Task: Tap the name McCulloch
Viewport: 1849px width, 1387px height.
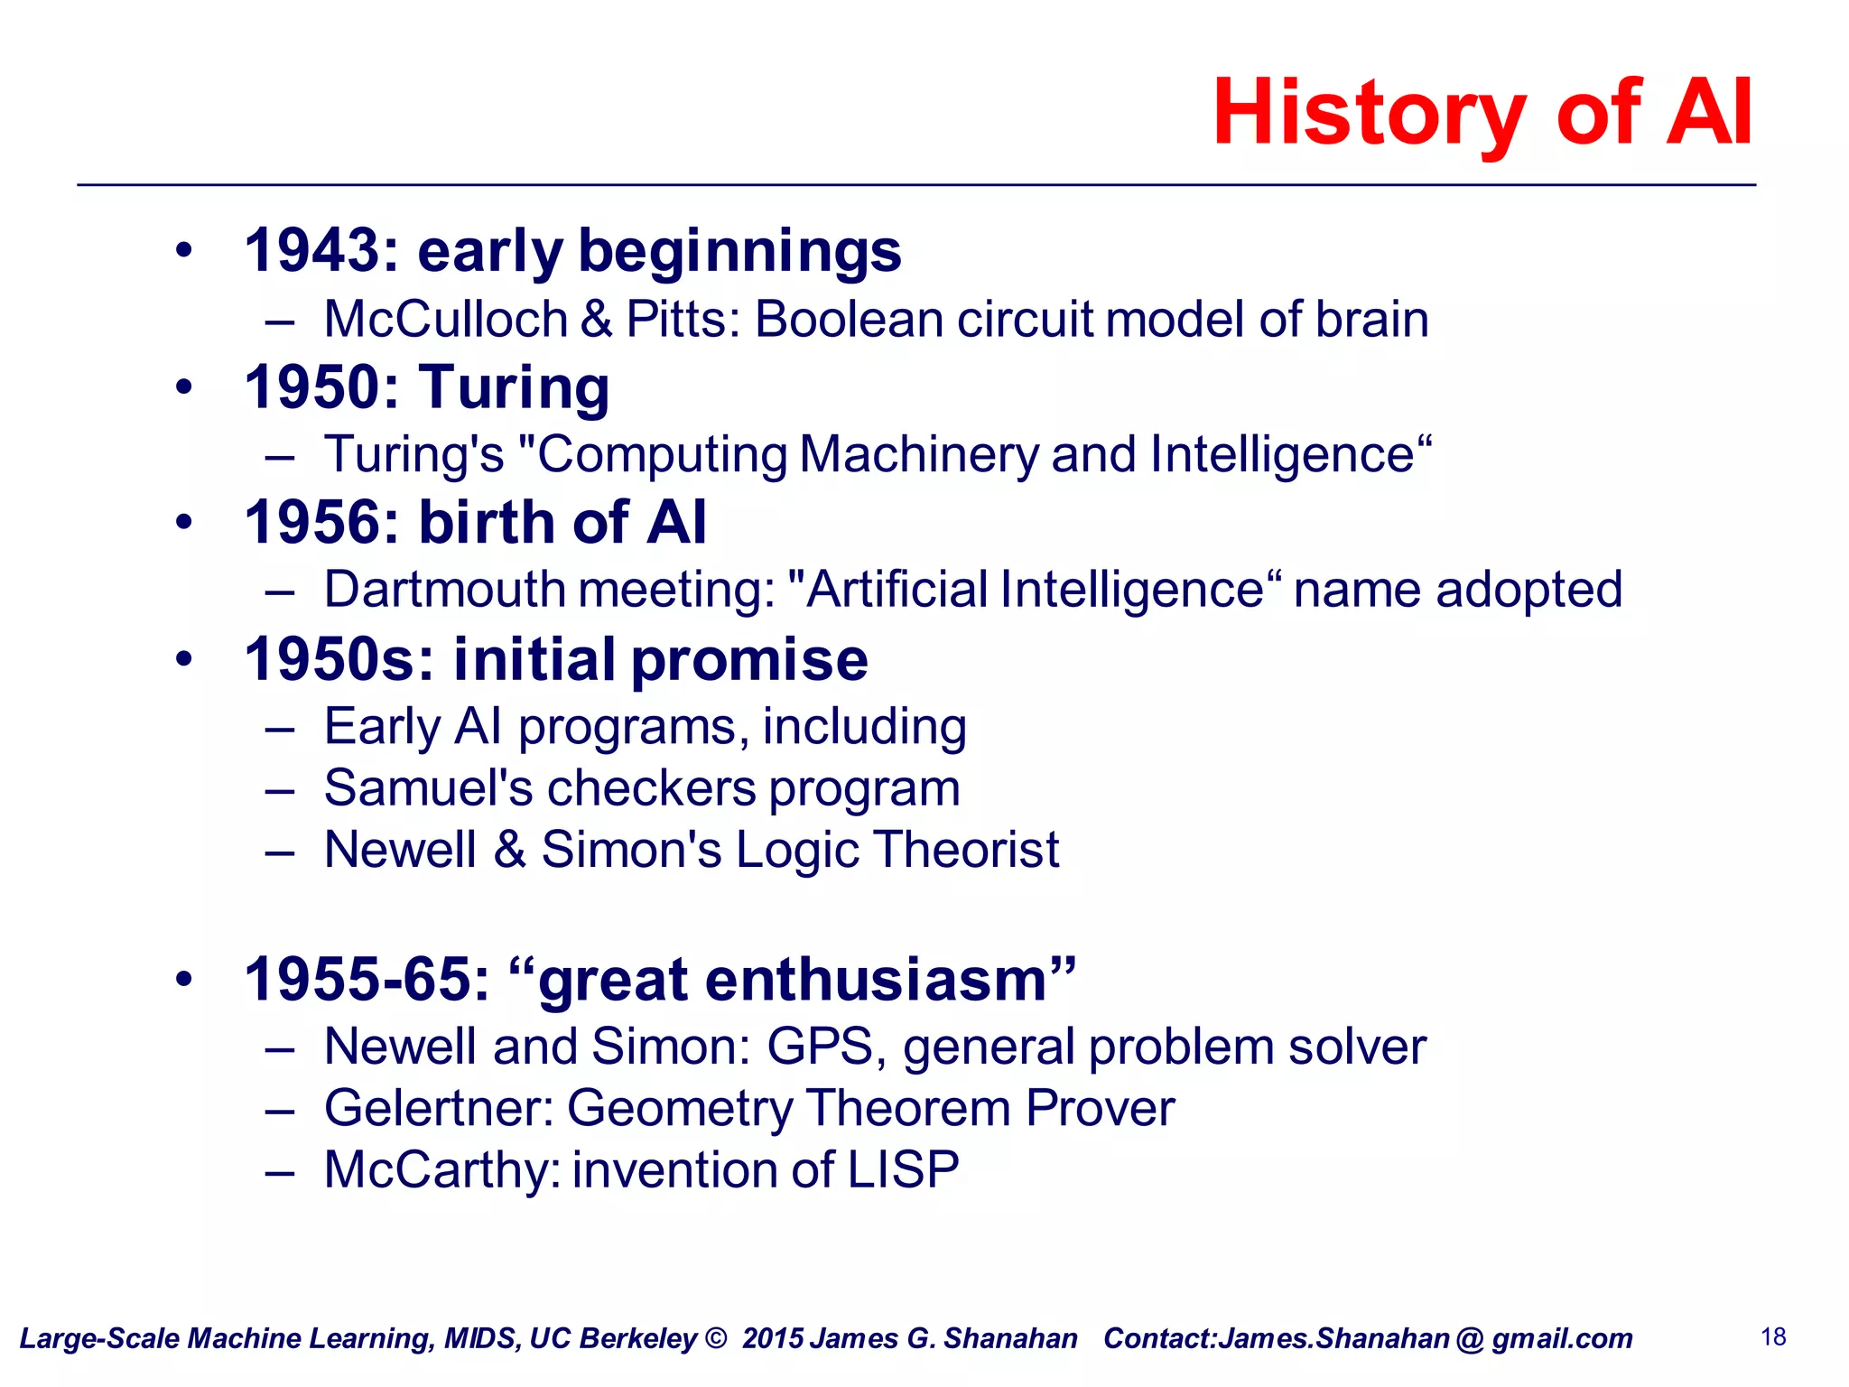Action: [445, 320]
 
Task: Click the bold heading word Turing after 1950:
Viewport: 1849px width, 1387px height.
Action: [514, 388]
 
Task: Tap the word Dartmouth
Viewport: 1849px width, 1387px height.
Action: [444, 590]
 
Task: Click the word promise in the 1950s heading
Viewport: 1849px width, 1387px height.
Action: [749, 659]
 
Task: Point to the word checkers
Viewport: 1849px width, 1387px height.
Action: [651, 788]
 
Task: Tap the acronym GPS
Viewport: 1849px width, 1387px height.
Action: [819, 1047]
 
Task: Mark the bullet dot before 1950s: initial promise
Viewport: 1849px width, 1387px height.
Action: [184, 659]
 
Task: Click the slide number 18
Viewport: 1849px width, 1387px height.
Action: [1773, 1336]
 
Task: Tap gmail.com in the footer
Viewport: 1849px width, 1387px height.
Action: [1562, 1338]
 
